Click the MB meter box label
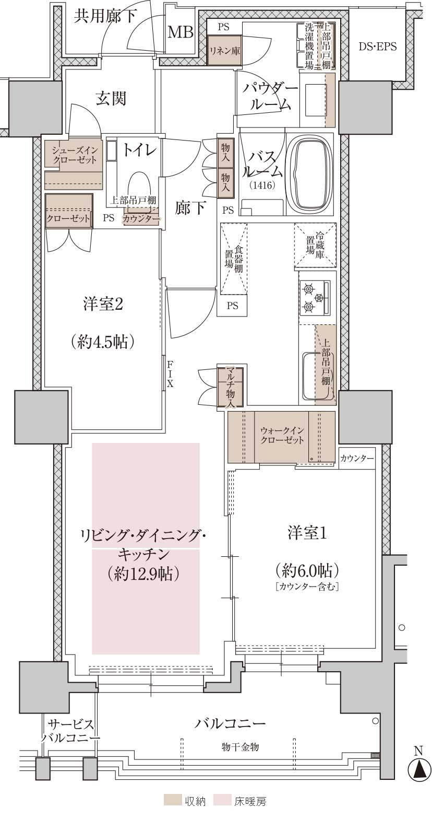click(x=181, y=32)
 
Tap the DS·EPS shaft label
click(x=377, y=46)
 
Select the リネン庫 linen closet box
click(x=224, y=50)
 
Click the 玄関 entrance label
click(x=111, y=98)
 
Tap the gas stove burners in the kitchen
click(x=315, y=298)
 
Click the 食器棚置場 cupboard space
click(x=234, y=258)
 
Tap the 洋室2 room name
click(x=103, y=304)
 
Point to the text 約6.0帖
click(x=307, y=569)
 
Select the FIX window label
click(x=170, y=373)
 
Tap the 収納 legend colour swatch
click(x=173, y=810)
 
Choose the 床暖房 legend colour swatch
click(x=223, y=810)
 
